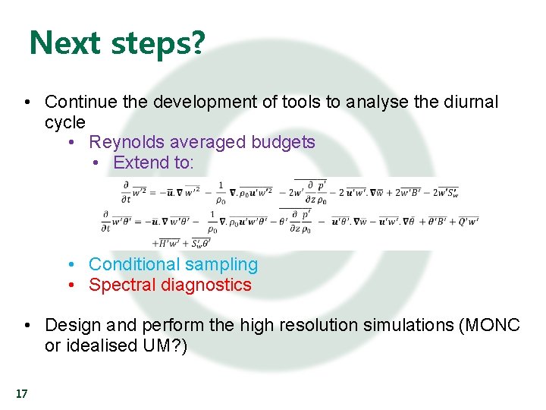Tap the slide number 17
tap(21, 393)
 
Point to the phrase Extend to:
tap(153, 162)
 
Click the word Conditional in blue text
tap(130, 264)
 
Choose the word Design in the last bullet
tap(73, 326)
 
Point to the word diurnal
tap(472, 102)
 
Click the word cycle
tap(65, 122)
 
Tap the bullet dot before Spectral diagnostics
tap(71, 285)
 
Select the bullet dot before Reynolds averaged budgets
tap(71, 142)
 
